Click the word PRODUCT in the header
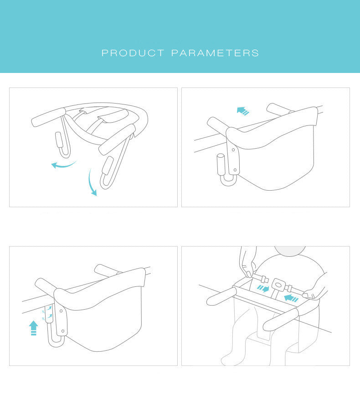(133, 53)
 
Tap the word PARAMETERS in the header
(215, 53)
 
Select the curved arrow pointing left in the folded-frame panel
(63, 164)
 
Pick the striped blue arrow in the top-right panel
(243, 110)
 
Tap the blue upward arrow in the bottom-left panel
(33, 328)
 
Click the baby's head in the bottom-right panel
(290, 252)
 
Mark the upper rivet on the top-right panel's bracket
(233, 149)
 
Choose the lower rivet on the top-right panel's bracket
(235, 170)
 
